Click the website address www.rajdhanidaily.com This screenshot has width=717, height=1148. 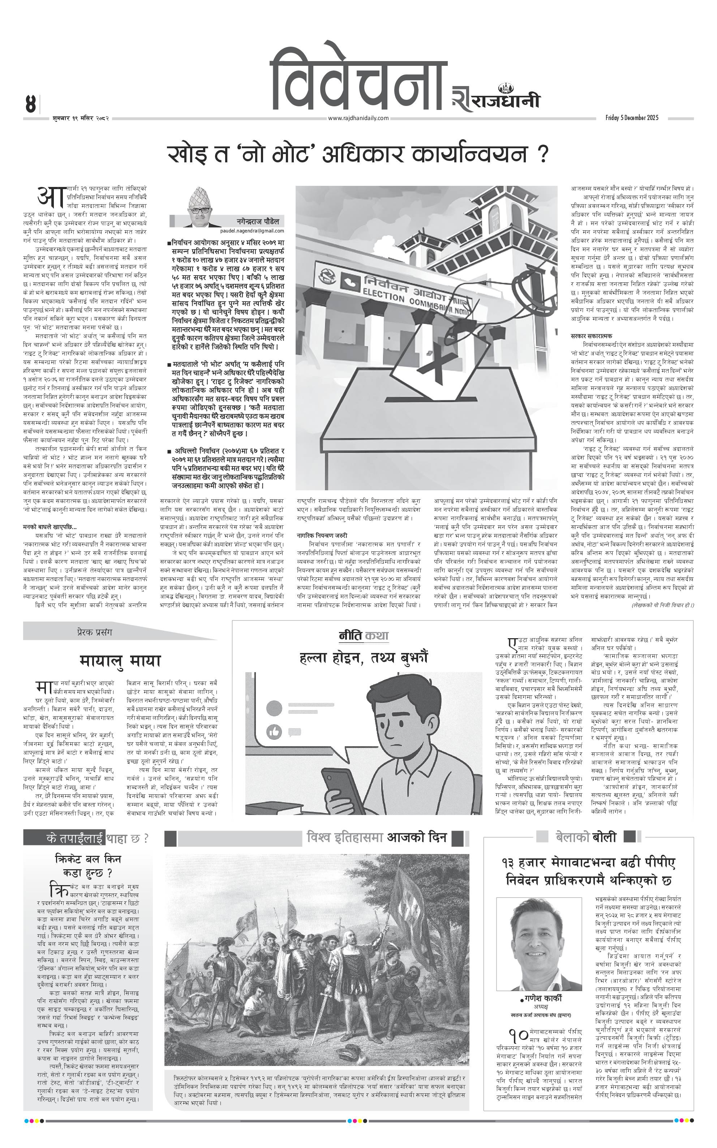pyautogui.click(x=358, y=118)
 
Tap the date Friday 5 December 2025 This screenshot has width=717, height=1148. pyautogui.click(x=632, y=118)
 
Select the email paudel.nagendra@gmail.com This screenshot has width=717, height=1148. pyautogui.click(x=252, y=231)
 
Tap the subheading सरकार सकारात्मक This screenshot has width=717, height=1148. pyautogui.click(x=591, y=336)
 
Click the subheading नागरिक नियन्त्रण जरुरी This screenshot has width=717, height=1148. pyautogui.click(x=322, y=535)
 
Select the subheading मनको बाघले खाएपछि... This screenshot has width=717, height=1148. pyautogui.click(x=50, y=526)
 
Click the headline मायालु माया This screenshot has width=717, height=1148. pyautogui.click(x=120, y=661)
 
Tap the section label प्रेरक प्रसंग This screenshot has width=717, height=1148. pyautogui.click(x=94, y=632)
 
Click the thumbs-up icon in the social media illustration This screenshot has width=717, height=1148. pyautogui.click(x=274, y=732)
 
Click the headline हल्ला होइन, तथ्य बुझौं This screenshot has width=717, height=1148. pyautogui.click(x=364, y=657)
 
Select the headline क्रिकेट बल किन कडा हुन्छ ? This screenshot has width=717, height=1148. pyautogui.click(x=88, y=865)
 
